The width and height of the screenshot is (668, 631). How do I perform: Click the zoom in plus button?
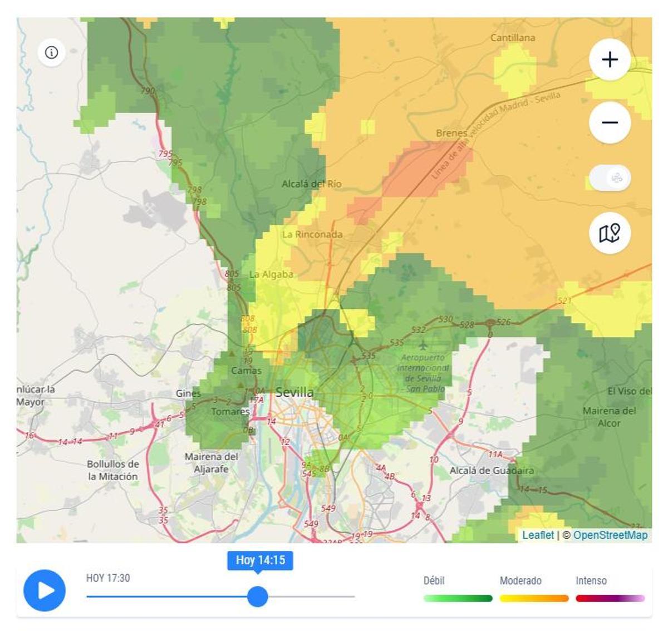tap(610, 60)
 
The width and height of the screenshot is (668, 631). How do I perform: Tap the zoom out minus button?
tap(610, 122)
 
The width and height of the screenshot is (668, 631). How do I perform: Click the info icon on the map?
tap(51, 52)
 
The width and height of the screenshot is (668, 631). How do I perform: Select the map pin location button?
tap(610, 233)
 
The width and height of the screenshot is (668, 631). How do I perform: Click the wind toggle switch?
tap(610, 179)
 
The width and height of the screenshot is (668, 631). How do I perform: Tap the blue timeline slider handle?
tap(257, 597)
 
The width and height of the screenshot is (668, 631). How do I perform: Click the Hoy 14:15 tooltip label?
tap(260, 560)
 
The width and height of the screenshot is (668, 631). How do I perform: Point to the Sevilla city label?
tap(294, 392)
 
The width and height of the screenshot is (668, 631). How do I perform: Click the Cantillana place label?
tap(512, 38)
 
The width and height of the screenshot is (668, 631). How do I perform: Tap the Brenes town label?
tap(451, 133)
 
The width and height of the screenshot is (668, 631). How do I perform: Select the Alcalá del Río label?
tap(311, 184)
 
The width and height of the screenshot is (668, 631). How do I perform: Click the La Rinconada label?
tap(312, 234)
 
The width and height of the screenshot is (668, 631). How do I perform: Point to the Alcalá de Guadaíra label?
tap(492, 471)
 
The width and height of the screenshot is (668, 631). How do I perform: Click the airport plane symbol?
tap(424, 346)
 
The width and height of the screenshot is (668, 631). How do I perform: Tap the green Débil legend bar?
tap(458, 599)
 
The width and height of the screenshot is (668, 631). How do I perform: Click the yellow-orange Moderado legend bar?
tap(534, 599)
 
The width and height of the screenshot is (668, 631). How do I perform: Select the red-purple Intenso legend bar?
tap(610, 599)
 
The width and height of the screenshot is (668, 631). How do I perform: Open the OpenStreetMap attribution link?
tap(610, 535)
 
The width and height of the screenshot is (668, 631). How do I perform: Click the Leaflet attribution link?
tap(538, 535)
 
